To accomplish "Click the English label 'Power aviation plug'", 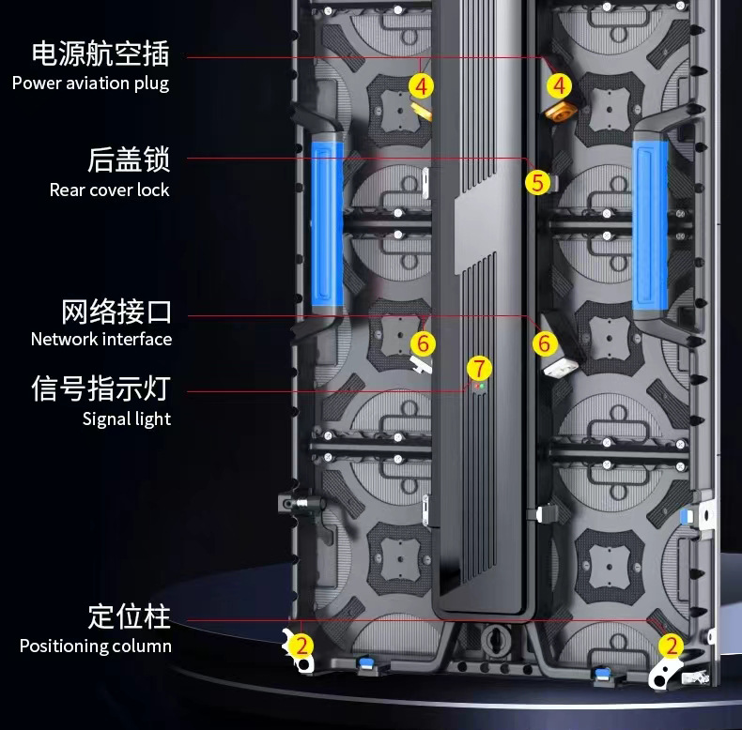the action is pyautogui.click(x=90, y=83).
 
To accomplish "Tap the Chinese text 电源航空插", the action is pyautogui.click(x=100, y=53).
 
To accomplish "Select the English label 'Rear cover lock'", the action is pyautogui.click(x=109, y=190).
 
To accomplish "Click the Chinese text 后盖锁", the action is pyautogui.click(x=129, y=160).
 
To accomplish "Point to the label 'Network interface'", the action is pyautogui.click(x=101, y=339).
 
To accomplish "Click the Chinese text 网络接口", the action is pyautogui.click(x=116, y=311).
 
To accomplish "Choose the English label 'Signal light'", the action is pyautogui.click(x=127, y=418).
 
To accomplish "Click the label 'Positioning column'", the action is pyautogui.click(x=96, y=646).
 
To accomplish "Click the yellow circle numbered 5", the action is pyautogui.click(x=537, y=181).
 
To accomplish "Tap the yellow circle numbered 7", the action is pyautogui.click(x=479, y=367).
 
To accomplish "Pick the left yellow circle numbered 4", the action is pyautogui.click(x=422, y=86).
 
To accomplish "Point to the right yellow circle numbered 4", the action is pyautogui.click(x=560, y=86).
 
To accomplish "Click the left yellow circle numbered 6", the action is pyautogui.click(x=423, y=342).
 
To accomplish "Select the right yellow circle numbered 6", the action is pyautogui.click(x=544, y=342).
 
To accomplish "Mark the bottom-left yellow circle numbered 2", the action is pyautogui.click(x=301, y=645).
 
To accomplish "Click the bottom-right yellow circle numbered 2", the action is pyautogui.click(x=671, y=645).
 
